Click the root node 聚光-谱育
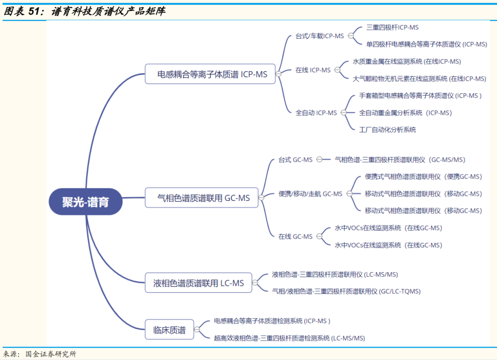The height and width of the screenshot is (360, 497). tap(86, 201)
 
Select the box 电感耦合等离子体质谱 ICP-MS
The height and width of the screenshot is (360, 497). tap(210, 74)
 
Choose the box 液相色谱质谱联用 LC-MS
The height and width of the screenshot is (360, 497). tap(198, 283)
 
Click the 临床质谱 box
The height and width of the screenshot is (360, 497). tap(169, 330)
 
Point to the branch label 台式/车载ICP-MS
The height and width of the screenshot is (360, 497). tap(320, 36)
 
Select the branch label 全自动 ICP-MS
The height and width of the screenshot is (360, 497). tap(316, 113)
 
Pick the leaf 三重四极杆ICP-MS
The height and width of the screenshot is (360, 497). tap(393, 27)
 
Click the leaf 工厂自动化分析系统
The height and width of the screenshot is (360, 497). tap(387, 130)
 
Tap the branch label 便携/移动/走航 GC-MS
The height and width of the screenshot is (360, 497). tap(311, 194)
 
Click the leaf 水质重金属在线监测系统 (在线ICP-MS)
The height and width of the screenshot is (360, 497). tap(407, 61)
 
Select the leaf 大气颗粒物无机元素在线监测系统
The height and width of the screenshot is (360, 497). tap(419, 79)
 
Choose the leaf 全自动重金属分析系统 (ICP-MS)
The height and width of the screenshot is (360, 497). tap(405, 113)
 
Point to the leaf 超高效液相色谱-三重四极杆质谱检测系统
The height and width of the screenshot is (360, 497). tap(289, 338)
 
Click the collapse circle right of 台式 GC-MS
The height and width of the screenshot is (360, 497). tap(319, 160)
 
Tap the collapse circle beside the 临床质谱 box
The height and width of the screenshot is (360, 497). tap(197, 330)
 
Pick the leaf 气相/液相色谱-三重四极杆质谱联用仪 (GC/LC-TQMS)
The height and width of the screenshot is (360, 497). tap(346, 291)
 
